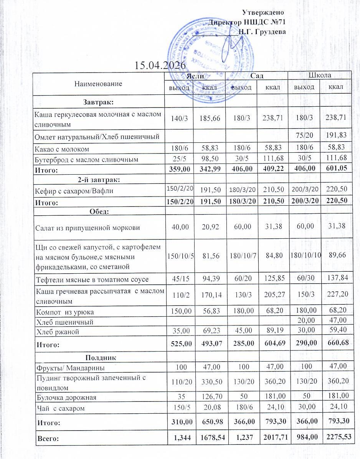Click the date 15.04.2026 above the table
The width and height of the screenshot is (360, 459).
(160, 65)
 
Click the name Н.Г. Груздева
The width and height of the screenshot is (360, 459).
(262, 31)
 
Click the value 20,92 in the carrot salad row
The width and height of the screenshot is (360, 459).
(210, 227)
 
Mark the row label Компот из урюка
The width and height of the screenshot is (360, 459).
(65, 312)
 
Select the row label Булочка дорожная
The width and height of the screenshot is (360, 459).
(66, 397)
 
